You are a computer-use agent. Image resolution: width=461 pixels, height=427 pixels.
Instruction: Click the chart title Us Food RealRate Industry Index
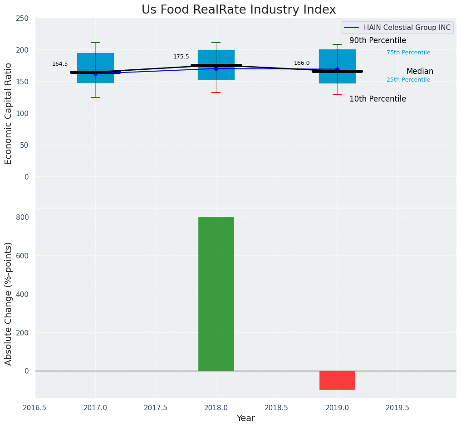(x=239, y=10)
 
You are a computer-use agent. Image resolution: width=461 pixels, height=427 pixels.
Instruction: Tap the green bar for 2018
(x=216, y=294)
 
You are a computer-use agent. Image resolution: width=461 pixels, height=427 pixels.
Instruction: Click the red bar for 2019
(x=337, y=380)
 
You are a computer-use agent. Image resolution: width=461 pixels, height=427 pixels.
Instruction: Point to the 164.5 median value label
(x=60, y=64)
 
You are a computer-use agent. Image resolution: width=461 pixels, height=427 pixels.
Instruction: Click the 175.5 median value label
(x=181, y=57)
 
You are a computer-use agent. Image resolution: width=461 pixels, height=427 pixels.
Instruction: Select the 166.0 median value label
(x=302, y=63)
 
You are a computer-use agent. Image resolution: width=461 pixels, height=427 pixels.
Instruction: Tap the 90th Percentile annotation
(x=378, y=41)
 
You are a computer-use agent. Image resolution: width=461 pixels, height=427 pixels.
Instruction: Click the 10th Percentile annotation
(x=378, y=99)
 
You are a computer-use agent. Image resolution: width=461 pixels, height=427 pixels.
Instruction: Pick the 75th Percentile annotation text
(x=408, y=53)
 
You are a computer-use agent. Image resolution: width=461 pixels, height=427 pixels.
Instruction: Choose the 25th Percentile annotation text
(x=408, y=80)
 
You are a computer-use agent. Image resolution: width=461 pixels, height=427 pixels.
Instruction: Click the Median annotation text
(x=420, y=71)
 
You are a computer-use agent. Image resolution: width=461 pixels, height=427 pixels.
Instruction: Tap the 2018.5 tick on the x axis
(x=276, y=408)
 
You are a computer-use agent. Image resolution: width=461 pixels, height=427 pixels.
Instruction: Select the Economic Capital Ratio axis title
(x=9, y=113)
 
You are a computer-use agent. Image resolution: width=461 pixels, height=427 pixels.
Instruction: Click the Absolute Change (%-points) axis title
(x=9, y=303)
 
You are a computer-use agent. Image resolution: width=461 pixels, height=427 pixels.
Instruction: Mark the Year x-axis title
(x=246, y=418)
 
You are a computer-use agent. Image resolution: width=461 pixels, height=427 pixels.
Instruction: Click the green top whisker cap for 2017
(x=95, y=43)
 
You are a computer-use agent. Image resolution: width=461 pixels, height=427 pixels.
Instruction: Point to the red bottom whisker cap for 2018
(x=216, y=92)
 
